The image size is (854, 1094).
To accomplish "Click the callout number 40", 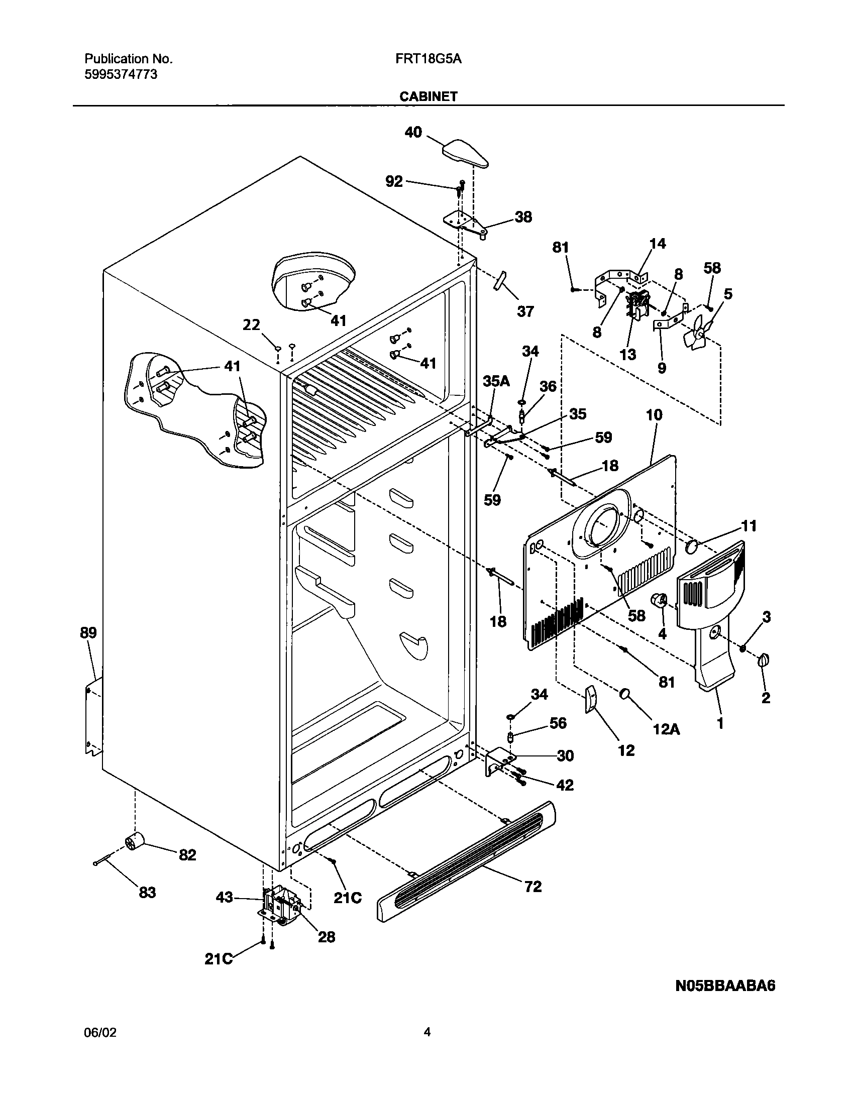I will click(x=413, y=133).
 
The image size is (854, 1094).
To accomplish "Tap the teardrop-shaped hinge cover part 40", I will click(x=465, y=154).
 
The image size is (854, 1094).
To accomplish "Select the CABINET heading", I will click(x=428, y=96).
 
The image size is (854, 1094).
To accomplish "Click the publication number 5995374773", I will click(x=121, y=74).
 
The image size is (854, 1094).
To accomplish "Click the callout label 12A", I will click(x=666, y=729).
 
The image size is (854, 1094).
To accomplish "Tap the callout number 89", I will click(x=88, y=632).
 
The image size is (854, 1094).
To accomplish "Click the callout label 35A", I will click(x=496, y=381).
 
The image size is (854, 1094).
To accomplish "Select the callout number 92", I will click(x=394, y=181).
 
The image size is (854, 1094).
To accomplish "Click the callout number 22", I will click(x=251, y=325).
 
